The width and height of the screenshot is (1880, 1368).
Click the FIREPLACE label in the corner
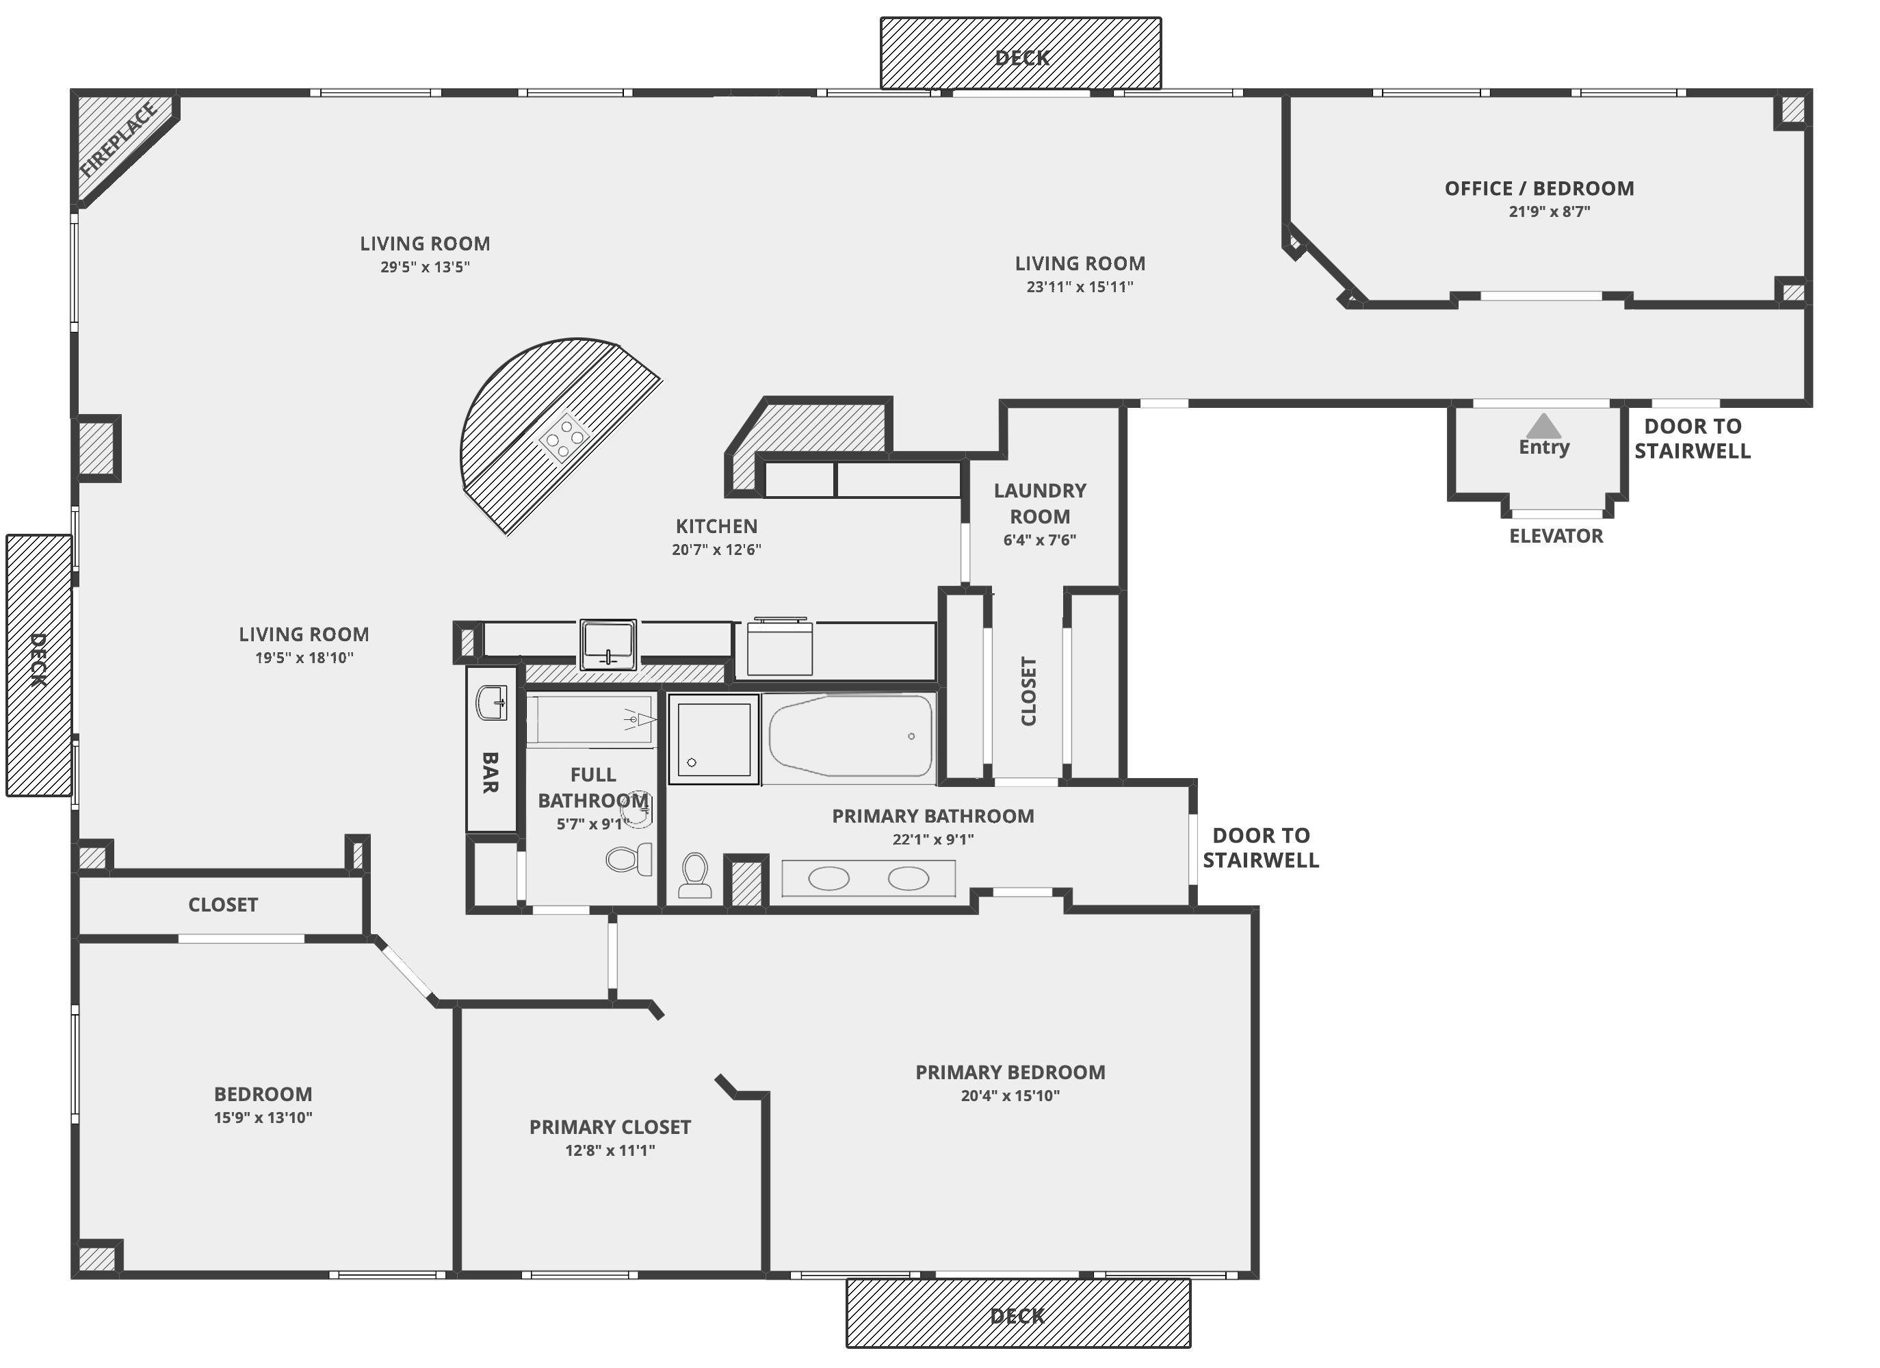point(118,140)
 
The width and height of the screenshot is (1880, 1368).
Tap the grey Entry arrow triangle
point(1543,426)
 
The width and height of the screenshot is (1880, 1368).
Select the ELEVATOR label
point(1556,537)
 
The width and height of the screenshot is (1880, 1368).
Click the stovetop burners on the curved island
point(564,436)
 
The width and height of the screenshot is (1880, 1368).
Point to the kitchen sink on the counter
point(608,643)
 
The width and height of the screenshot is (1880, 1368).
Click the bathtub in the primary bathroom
point(850,736)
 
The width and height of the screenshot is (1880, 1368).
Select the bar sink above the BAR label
point(492,703)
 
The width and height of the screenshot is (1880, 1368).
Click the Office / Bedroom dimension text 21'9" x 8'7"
point(1548,211)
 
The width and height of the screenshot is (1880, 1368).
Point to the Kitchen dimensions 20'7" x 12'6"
point(716,550)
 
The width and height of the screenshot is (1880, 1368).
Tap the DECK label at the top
point(1021,58)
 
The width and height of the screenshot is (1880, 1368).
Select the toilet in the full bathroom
point(628,859)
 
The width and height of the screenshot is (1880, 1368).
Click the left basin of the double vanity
point(828,879)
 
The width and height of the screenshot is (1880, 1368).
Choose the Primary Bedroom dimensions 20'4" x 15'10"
point(1010,1096)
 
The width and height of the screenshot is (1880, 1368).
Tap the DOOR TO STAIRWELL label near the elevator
point(1692,439)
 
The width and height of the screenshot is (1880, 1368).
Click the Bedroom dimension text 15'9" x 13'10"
point(263,1118)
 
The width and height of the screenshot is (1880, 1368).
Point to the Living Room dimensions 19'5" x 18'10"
point(304,658)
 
